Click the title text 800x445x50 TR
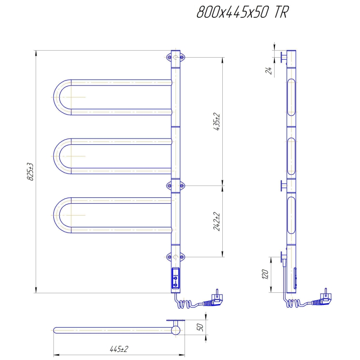(242, 13)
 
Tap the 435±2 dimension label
(216, 122)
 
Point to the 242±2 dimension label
(216, 221)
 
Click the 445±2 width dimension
(119, 350)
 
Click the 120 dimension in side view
(265, 274)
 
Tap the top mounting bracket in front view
(176, 57)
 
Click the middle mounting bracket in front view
(176, 185)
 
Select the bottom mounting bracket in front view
(176, 257)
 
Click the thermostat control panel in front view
(176, 277)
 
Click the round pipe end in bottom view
(176, 330)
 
